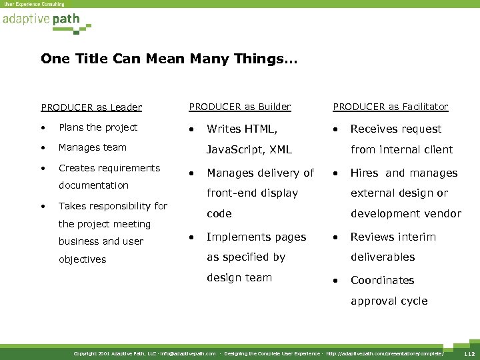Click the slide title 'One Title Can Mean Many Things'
[169, 59]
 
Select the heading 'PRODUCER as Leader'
[91, 107]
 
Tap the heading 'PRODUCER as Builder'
[240, 107]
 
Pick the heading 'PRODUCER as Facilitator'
[391, 107]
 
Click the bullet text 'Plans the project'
[98, 127]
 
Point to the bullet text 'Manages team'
[93, 147]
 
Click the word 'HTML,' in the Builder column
[262, 129]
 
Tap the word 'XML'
[281, 149]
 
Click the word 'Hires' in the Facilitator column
[365, 173]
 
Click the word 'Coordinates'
[383, 280]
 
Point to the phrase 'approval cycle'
[389, 301]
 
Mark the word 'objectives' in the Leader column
[83, 259]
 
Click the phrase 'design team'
[239, 277]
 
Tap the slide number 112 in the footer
[469, 353]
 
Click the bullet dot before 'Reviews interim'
[336, 237]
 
